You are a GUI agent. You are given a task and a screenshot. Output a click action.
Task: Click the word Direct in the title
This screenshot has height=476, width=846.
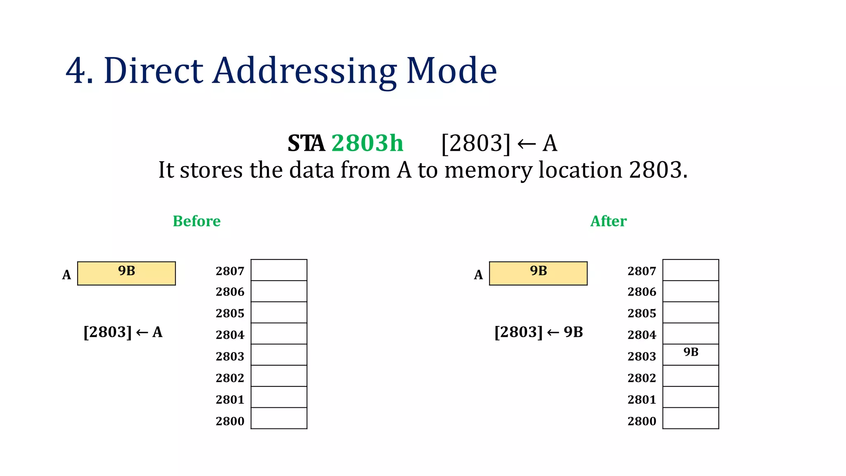153,71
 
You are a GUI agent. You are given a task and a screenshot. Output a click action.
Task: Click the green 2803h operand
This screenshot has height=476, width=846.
367,143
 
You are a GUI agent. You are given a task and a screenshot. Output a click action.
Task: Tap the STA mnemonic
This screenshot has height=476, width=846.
306,143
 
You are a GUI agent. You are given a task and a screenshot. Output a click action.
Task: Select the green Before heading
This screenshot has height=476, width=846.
196,221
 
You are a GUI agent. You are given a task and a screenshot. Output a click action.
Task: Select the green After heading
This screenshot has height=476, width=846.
608,221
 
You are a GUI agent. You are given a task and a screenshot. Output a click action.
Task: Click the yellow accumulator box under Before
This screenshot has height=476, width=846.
126,274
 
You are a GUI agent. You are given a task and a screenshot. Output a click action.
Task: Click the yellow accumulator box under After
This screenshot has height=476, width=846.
538,274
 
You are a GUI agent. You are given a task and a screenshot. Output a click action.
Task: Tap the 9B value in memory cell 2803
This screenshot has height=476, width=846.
691,352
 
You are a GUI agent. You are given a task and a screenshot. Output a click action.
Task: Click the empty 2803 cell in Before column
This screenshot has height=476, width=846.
279,355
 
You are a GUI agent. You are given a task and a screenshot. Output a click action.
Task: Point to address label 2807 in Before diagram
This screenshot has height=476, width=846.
230,271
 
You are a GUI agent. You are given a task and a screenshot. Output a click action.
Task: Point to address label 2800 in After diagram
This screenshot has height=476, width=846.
642,421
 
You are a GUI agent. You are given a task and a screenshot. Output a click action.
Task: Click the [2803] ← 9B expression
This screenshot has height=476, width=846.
538,332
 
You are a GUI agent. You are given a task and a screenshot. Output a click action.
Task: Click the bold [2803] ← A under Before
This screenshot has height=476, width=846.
123,332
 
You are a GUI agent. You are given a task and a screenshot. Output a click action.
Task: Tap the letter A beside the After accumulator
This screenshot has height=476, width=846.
478,275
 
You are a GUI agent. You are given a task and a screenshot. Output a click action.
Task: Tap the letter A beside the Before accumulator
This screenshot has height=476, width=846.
67,275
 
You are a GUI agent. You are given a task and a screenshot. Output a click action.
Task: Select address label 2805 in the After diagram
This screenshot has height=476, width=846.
642,314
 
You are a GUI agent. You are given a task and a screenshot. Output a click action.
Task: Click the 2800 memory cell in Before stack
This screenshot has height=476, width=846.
279,418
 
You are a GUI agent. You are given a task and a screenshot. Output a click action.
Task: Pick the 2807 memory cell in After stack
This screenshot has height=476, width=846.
691,270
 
